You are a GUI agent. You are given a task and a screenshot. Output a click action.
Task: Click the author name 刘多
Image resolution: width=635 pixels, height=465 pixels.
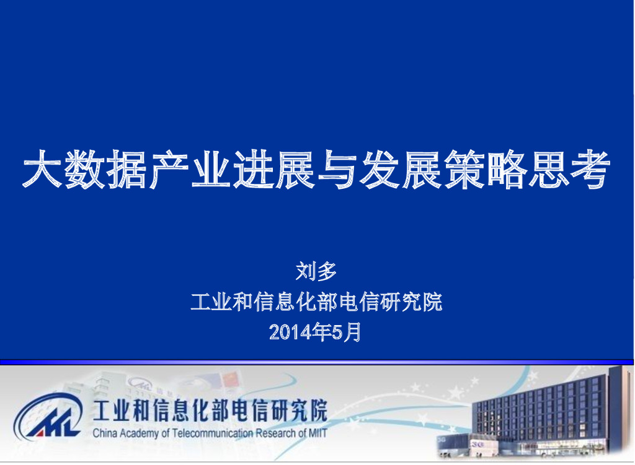click(x=316, y=271)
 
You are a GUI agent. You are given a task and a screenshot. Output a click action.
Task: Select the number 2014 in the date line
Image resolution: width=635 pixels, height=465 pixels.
click(x=290, y=333)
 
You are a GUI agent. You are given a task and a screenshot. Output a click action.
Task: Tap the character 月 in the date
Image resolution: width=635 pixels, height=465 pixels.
click(x=352, y=333)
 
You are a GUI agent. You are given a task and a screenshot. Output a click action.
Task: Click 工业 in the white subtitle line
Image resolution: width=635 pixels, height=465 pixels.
click(x=207, y=303)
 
